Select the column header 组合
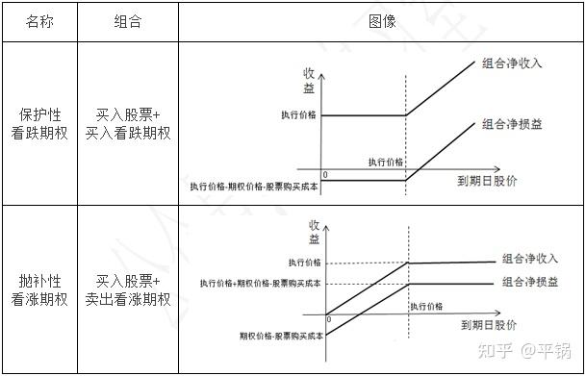[x=128, y=21]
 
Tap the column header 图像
[x=382, y=21]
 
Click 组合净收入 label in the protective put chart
[x=512, y=64]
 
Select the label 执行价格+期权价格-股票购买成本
[x=260, y=284]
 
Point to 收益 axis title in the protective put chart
[x=309, y=81]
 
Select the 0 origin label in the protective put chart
[x=325, y=174]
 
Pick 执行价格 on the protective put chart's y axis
[x=301, y=115]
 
